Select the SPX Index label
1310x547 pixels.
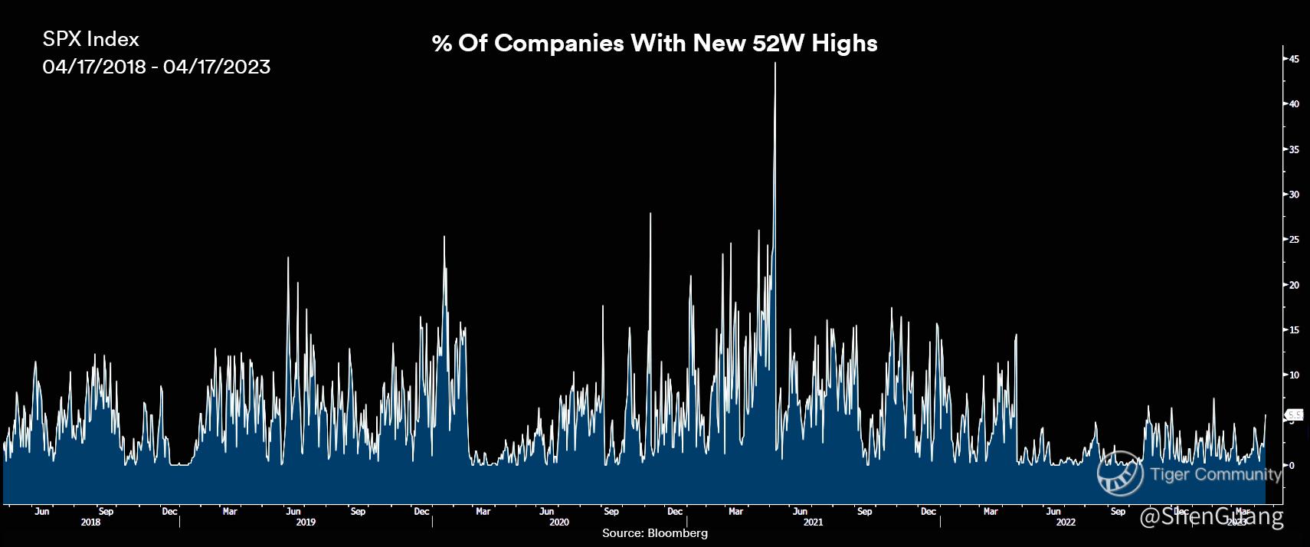[90, 39]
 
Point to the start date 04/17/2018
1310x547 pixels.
[94, 67]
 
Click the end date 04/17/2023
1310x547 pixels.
[217, 67]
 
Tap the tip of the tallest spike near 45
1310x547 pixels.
[775, 64]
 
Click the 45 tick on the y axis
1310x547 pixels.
[1293, 59]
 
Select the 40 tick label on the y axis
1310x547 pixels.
[1293, 104]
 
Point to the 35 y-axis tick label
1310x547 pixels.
[1293, 149]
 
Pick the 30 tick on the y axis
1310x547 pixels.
[1293, 195]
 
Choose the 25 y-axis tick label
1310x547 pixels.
[1293, 240]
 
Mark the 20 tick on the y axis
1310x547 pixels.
[1293, 285]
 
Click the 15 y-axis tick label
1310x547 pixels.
[1293, 330]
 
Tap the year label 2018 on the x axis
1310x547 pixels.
[90, 522]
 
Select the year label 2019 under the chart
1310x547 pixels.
[306, 522]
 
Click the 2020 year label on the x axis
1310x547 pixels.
[559, 522]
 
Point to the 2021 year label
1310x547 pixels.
[813, 522]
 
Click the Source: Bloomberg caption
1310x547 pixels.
[655, 533]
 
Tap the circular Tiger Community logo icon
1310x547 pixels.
[1120, 473]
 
